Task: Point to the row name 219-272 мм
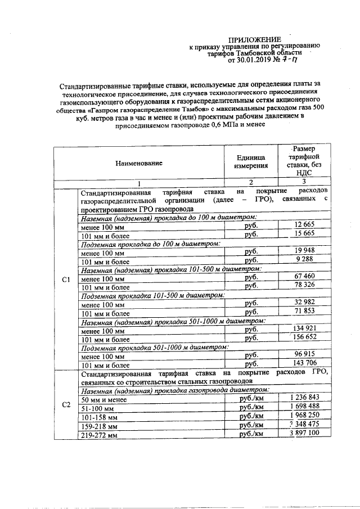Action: pyautogui.click(x=100, y=435)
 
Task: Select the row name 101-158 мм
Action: pyautogui.click(x=100, y=417)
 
